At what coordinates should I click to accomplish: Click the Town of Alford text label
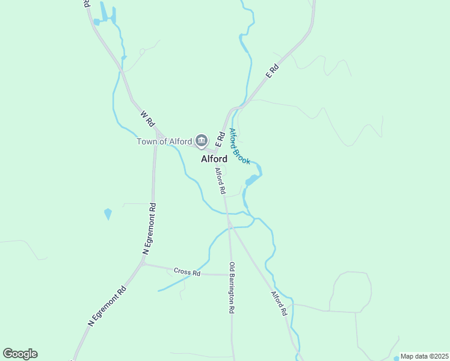(164, 142)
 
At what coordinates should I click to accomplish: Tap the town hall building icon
(201, 141)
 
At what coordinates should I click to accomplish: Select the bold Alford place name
(214, 159)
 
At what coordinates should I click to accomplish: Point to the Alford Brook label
(239, 146)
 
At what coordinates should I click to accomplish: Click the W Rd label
(147, 118)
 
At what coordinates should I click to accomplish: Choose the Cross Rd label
(186, 273)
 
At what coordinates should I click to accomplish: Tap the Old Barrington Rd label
(231, 288)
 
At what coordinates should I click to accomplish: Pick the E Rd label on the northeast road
(273, 71)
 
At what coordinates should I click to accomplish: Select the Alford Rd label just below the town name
(220, 180)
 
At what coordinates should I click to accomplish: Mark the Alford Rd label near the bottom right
(278, 304)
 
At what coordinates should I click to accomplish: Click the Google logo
(20, 354)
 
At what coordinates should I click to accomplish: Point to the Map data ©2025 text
(424, 356)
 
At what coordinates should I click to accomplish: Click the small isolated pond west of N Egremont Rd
(108, 214)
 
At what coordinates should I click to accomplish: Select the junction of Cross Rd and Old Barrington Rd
(230, 274)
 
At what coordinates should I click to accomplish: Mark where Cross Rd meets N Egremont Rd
(143, 264)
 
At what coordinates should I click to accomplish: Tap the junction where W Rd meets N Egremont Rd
(155, 131)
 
